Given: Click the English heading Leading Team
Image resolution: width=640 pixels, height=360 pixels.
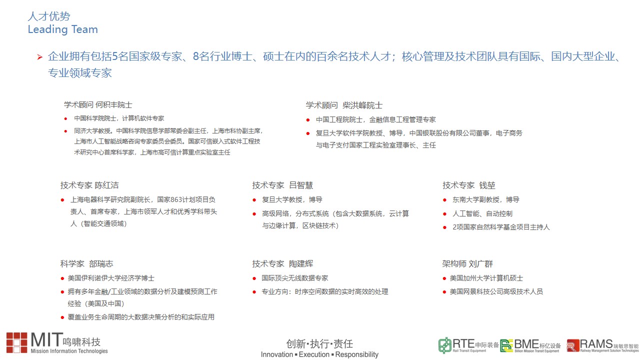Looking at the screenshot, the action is pyautogui.click(x=63, y=29).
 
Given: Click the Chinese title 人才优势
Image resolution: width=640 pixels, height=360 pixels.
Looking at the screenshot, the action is pyautogui.click(x=49, y=16).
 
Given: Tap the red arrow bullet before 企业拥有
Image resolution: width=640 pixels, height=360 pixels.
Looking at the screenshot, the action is pyautogui.click(x=39, y=57).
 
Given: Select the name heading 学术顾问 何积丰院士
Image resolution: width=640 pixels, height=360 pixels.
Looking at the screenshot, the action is pyautogui.click(x=98, y=105).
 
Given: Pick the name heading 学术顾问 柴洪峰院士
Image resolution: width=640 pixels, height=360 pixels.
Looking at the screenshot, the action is pyautogui.click(x=344, y=105).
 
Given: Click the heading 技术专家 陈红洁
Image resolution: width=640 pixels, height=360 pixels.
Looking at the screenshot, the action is pyautogui.click(x=89, y=185).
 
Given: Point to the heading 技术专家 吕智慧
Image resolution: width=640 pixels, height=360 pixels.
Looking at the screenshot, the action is pyautogui.click(x=282, y=185).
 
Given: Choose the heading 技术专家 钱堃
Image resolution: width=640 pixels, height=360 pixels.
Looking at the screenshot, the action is pyautogui.click(x=469, y=185).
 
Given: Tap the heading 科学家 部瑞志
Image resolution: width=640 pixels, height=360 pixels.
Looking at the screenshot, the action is pyautogui.click(x=86, y=263).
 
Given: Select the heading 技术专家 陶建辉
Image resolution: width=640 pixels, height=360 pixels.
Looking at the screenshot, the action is pyautogui.click(x=282, y=263).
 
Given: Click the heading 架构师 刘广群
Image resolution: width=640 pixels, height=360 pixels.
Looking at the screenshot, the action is pyautogui.click(x=467, y=263).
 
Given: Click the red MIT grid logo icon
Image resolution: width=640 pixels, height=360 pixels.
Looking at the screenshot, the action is pyautogui.click(x=17, y=342).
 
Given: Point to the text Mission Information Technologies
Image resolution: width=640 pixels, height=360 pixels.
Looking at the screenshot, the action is pyautogui.click(x=69, y=351).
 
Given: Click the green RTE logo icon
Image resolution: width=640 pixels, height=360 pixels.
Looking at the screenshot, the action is pyautogui.click(x=444, y=345).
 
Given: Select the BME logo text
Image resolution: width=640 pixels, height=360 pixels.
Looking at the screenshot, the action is pyautogui.click(x=526, y=344).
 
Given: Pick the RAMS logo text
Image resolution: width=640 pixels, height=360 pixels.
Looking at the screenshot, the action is pyautogui.click(x=596, y=344).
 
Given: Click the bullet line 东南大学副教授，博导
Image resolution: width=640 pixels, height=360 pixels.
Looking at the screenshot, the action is pyautogui.click(x=485, y=199).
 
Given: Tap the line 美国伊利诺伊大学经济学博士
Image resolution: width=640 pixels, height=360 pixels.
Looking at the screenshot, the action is pyautogui.click(x=111, y=278).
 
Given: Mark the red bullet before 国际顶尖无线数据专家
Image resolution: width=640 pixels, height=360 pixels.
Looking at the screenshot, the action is pyautogui.click(x=254, y=278).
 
